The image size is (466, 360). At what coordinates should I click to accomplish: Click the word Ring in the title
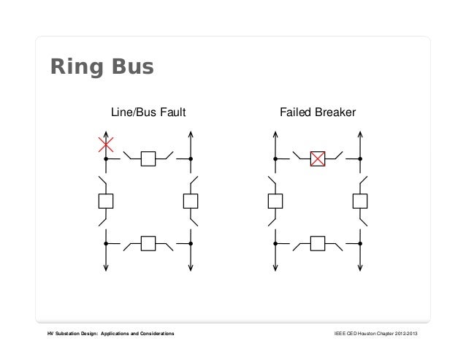(x=75, y=67)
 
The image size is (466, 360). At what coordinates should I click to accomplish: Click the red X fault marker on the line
(x=106, y=145)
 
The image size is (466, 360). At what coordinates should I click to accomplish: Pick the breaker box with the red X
(x=318, y=158)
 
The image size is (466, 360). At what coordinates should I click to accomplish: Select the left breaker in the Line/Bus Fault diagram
(x=106, y=201)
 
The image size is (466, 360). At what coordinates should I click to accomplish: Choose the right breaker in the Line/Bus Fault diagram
(x=191, y=201)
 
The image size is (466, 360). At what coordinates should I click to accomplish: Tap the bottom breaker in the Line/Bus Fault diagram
(x=148, y=243)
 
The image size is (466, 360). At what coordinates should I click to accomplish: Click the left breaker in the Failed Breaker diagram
(x=275, y=201)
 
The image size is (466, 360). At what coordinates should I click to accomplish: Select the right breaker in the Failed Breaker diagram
(x=360, y=201)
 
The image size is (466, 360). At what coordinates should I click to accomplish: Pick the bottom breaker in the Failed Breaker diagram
(x=318, y=243)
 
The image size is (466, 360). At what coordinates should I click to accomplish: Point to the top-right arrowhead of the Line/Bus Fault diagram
(x=191, y=134)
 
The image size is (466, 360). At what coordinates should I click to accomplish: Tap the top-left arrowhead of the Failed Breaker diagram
(x=275, y=134)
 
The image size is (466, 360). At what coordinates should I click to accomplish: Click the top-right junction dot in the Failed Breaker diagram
(x=360, y=158)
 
